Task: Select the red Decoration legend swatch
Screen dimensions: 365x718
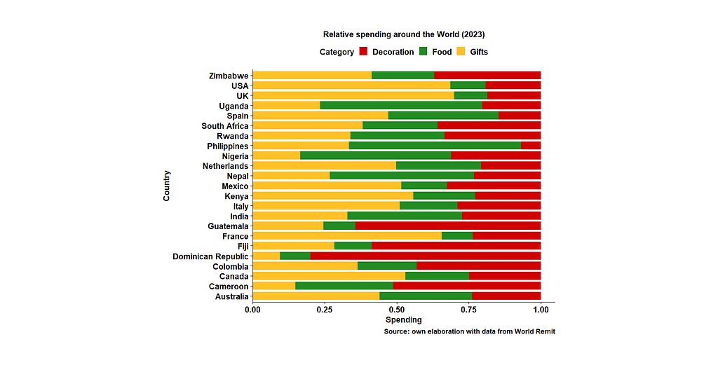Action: pyautogui.click(x=364, y=52)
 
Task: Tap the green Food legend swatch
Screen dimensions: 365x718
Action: pyautogui.click(x=424, y=52)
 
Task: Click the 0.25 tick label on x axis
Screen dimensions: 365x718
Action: pyautogui.click(x=324, y=309)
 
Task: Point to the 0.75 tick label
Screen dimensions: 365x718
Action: pyautogui.click(x=468, y=309)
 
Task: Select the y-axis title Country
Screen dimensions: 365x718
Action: pyautogui.click(x=167, y=186)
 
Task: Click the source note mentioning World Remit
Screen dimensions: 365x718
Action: pyautogui.click(x=469, y=331)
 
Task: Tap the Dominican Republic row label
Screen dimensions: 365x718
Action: pyautogui.click(x=210, y=256)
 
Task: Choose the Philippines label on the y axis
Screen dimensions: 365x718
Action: pyautogui.click(x=228, y=146)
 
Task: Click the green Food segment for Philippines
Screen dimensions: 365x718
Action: pyautogui.click(x=435, y=146)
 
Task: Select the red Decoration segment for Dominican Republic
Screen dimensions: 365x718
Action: pyautogui.click(x=425, y=256)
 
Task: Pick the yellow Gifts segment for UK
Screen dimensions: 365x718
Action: pyautogui.click(x=353, y=95)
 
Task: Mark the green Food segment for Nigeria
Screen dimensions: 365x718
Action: pyautogui.click(x=375, y=156)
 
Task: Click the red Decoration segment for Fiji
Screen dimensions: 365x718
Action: pyautogui.click(x=456, y=246)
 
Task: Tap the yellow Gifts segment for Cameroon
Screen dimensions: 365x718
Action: pyautogui.click(x=273, y=287)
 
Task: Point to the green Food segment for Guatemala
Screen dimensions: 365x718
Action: pyautogui.click(x=339, y=226)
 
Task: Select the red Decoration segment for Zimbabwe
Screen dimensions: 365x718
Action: pyautogui.click(x=487, y=75)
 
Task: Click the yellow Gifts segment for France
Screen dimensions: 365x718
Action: pyautogui.click(x=346, y=236)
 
